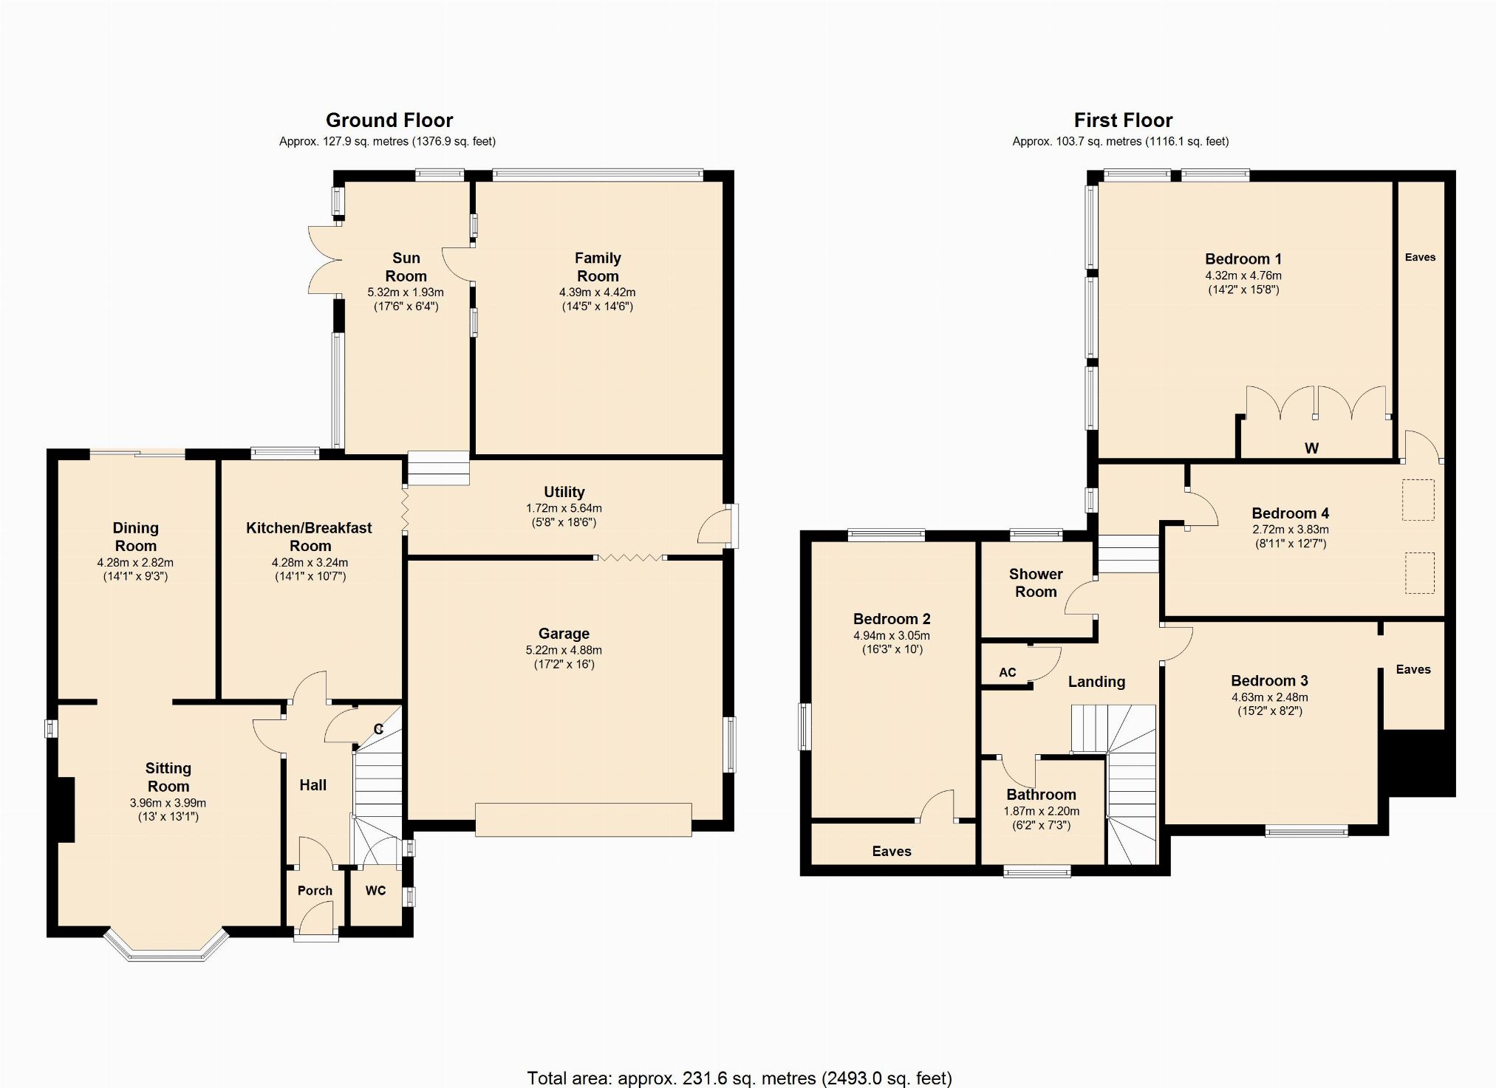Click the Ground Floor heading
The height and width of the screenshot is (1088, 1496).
[389, 120]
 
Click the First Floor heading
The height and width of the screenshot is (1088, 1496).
[1123, 120]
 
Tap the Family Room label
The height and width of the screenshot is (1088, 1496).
[598, 267]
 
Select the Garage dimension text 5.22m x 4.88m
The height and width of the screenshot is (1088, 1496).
[564, 650]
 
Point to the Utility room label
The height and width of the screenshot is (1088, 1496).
[564, 492]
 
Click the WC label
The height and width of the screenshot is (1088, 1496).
[375, 891]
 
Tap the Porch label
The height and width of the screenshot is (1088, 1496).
[315, 891]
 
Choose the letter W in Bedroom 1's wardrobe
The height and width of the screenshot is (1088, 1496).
[1311, 448]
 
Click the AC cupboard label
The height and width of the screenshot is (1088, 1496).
[1007, 672]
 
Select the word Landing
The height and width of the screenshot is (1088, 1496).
[1096, 682]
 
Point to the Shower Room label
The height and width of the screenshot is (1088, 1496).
[1036, 583]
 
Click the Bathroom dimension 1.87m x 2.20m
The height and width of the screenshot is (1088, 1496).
[1041, 811]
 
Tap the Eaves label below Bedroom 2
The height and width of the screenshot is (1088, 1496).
[892, 852]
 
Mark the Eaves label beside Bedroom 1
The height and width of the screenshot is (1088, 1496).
[1420, 257]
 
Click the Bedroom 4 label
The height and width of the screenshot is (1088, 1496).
[1290, 513]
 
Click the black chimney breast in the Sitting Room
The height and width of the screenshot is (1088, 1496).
[66, 810]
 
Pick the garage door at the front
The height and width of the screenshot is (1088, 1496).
[583, 820]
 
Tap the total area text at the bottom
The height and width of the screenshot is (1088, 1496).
[739, 1078]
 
